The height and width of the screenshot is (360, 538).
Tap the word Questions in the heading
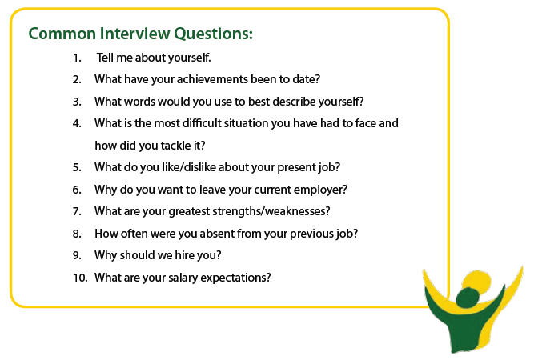click(x=214, y=34)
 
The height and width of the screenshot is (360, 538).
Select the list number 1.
click(x=77, y=58)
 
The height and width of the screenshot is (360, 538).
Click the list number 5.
click(x=77, y=167)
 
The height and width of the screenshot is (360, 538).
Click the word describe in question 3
click(x=304, y=102)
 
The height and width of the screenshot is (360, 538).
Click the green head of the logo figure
click(x=471, y=290)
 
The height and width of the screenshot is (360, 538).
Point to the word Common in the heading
click(x=61, y=34)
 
